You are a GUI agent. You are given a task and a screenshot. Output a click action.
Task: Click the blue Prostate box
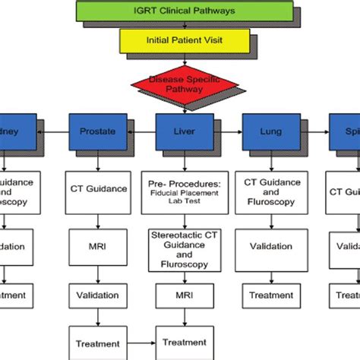tap(97, 131)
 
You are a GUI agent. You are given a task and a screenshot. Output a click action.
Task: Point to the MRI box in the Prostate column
tap(97, 246)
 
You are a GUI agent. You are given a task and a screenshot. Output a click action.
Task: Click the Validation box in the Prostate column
tap(97, 295)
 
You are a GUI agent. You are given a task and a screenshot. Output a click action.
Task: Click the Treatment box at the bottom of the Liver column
tap(182, 342)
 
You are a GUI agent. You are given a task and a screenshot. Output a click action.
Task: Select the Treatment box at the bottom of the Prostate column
tap(97, 342)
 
